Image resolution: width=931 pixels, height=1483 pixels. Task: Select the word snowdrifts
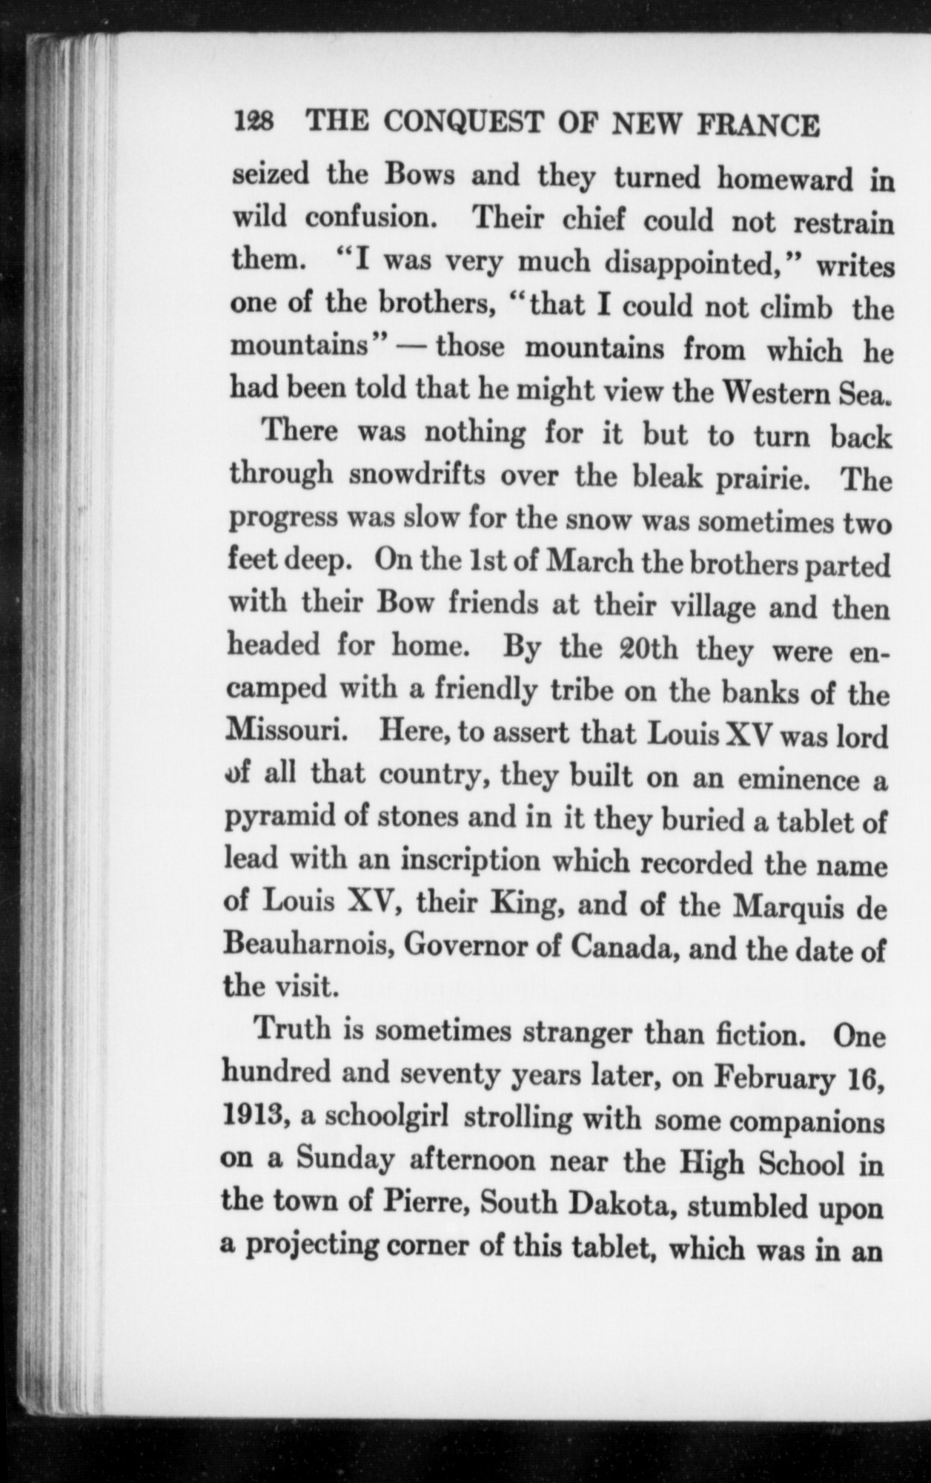[x=417, y=475]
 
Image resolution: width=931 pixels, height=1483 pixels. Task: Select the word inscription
[x=471, y=862]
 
